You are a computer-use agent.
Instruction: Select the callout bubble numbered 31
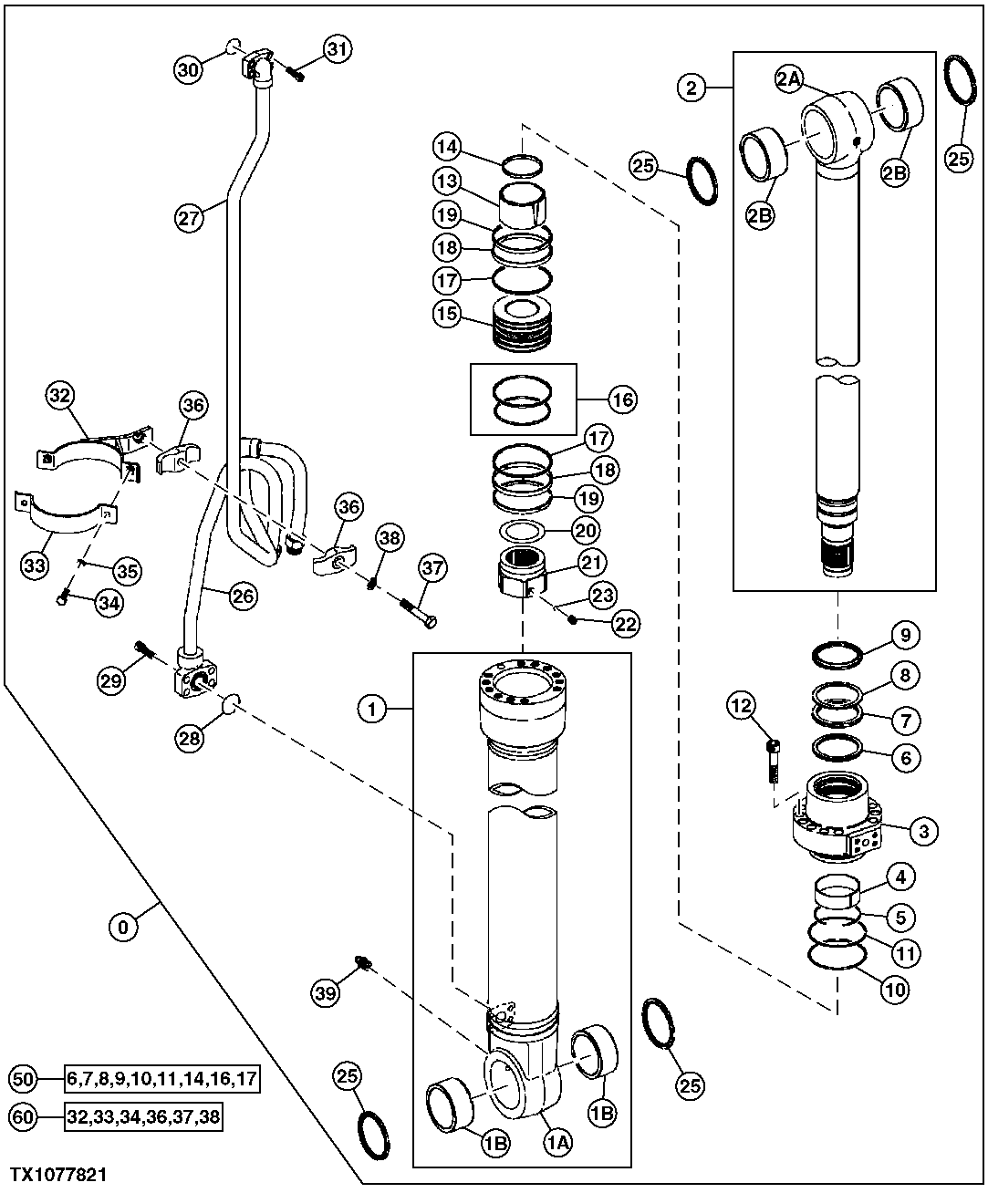pyautogui.click(x=338, y=51)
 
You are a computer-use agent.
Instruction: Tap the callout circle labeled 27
pyautogui.click(x=188, y=218)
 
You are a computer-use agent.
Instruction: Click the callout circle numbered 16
pyautogui.click(x=624, y=399)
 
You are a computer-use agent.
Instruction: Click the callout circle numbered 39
pyautogui.click(x=327, y=991)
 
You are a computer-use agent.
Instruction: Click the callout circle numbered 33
pyautogui.click(x=35, y=566)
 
